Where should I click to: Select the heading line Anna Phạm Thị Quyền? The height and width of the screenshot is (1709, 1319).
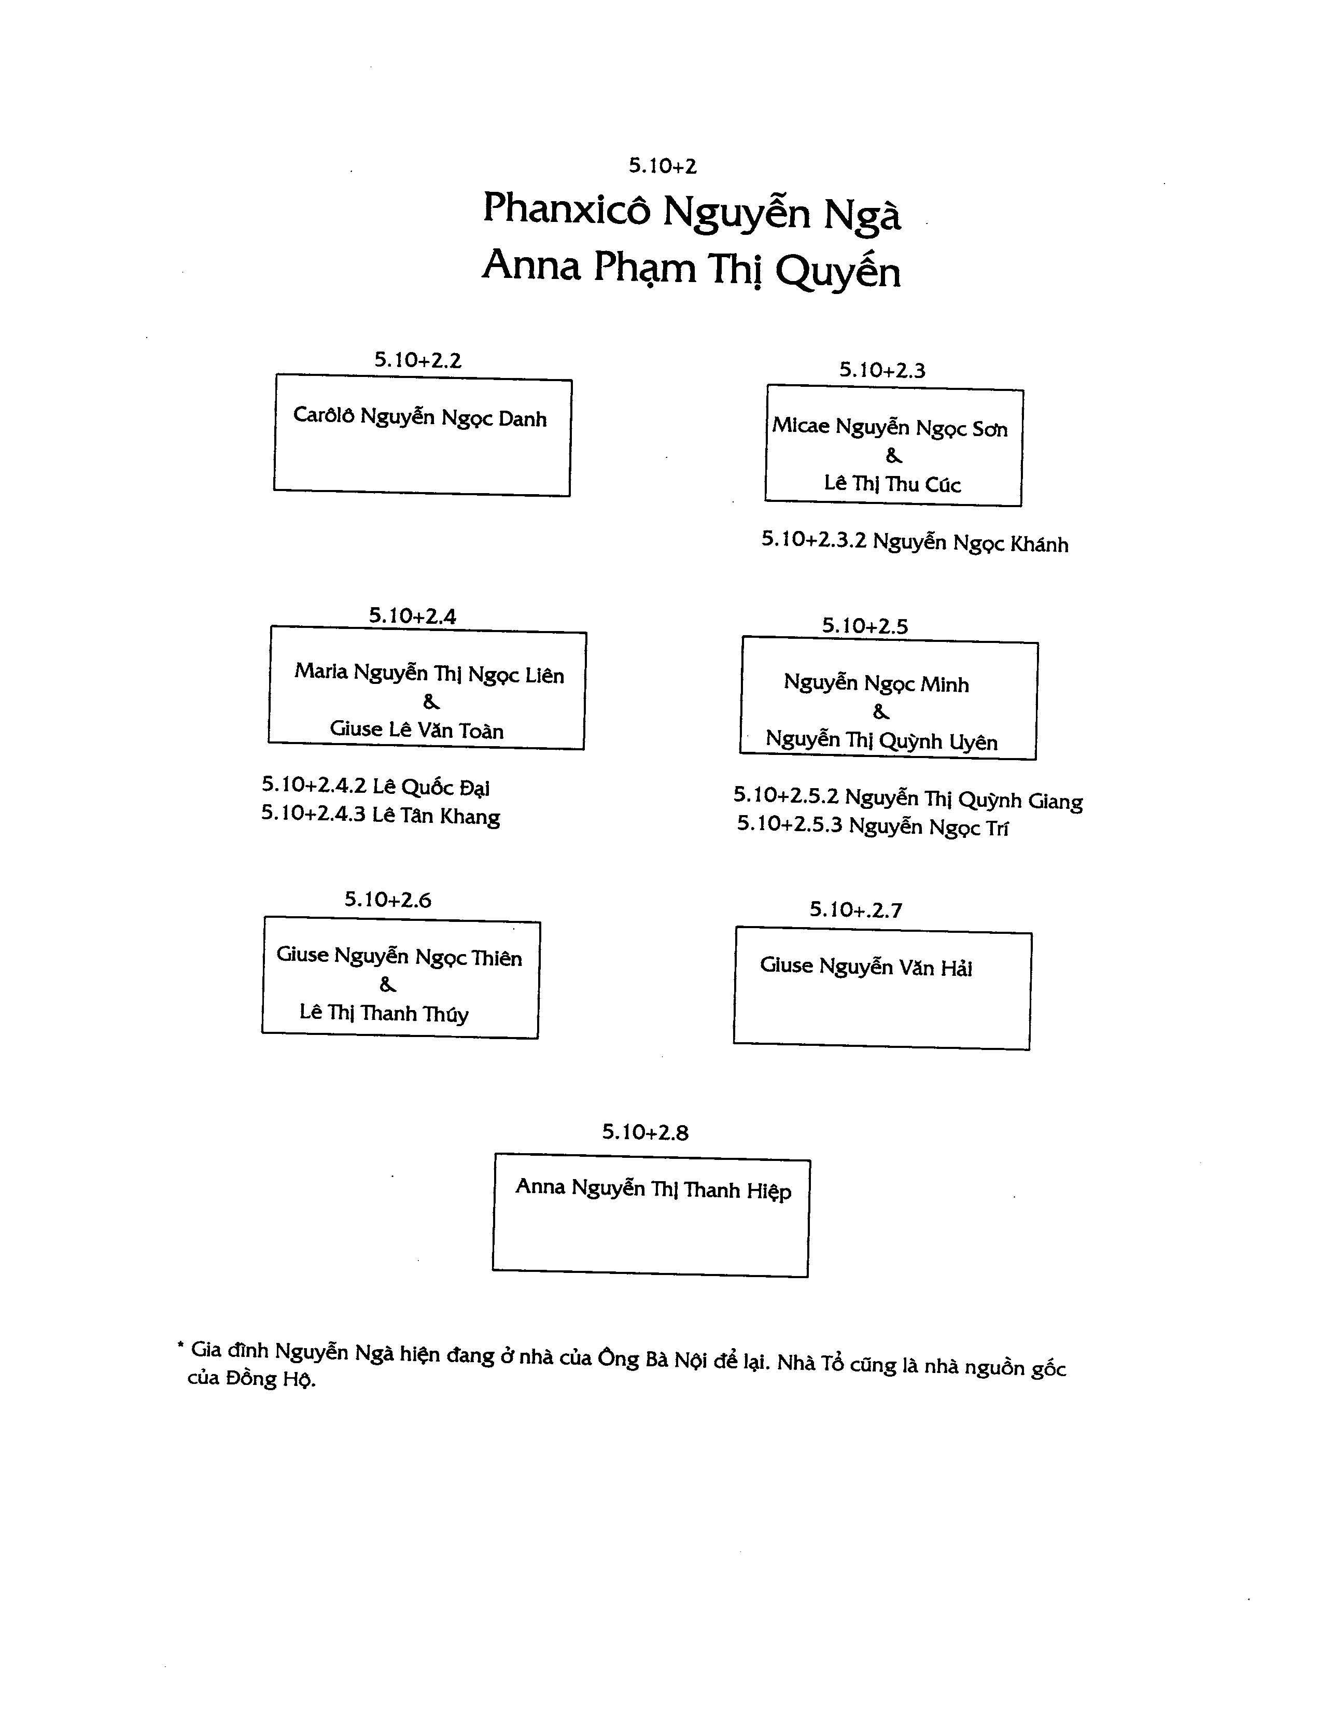click(x=692, y=269)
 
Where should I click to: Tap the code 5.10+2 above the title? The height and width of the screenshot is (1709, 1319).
click(x=663, y=166)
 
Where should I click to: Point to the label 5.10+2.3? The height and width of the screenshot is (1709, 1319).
click(x=882, y=370)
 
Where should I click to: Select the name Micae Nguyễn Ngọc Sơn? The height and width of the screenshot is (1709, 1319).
click(x=890, y=427)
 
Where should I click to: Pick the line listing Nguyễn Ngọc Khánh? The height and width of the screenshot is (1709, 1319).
click(x=915, y=542)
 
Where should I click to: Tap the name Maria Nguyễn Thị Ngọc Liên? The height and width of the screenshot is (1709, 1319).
click(x=429, y=673)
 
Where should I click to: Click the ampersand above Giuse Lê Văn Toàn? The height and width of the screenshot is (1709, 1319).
click(x=431, y=702)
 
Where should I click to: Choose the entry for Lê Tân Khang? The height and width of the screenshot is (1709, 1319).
click(x=381, y=816)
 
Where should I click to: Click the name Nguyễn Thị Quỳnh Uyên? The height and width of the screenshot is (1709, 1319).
click(x=882, y=740)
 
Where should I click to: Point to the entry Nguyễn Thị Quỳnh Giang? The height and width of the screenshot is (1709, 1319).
click(x=908, y=798)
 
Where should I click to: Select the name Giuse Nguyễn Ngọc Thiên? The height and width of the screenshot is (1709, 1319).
click(x=399, y=956)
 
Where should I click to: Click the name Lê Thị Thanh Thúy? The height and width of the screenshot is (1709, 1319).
click(x=384, y=1013)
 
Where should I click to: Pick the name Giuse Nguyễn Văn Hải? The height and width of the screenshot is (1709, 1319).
click(x=866, y=967)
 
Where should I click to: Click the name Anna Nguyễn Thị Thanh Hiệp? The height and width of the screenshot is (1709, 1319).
click(x=653, y=1188)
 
